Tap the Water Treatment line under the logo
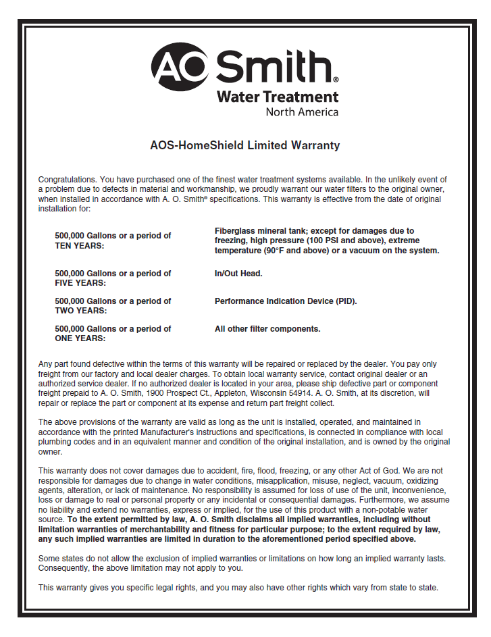point(277,97)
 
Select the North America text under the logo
point(301,112)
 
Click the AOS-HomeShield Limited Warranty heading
point(244,145)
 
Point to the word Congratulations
point(68,180)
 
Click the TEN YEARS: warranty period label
point(80,246)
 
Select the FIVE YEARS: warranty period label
point(80,283)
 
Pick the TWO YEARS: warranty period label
point(80,311)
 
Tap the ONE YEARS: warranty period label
point(80,338)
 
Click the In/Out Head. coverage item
point(238,274)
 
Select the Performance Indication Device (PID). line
point(286,301)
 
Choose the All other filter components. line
point(267,329)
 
